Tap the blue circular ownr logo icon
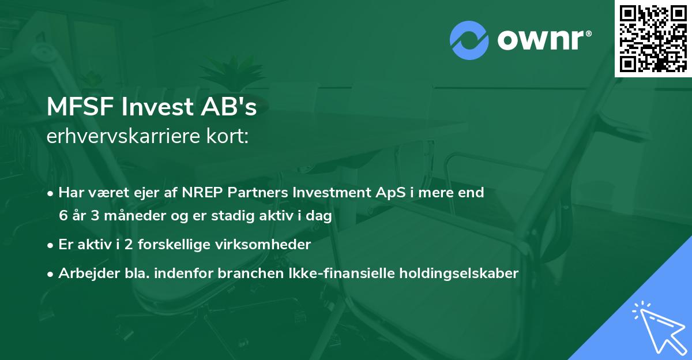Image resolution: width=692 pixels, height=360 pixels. click(469, 40)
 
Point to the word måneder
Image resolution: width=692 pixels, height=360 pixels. click(126, 216)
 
